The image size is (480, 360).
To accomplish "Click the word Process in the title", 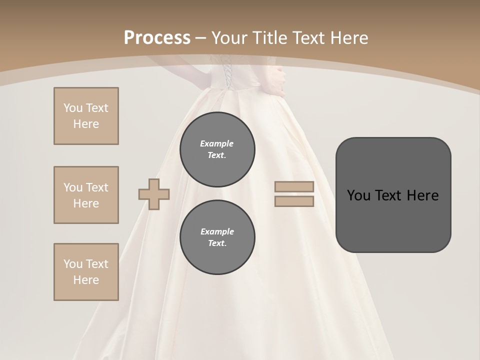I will [157, 38].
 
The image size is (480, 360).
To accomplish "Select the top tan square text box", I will [86, 116].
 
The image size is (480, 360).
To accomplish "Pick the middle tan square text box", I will [86, 195].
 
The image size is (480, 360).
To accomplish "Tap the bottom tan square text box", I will [86, 272].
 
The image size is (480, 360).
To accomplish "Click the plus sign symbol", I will [154, 194].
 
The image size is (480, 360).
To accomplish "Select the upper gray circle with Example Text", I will [217, 149].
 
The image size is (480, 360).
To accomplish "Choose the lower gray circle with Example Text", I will [217, 237].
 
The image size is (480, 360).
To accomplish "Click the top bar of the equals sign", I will [294, 187].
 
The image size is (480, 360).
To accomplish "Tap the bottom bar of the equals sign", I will [294, 201].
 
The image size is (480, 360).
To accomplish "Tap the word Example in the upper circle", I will [217, 143].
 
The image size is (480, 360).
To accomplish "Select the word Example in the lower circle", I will [217, 231].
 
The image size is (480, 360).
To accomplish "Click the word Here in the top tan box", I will [86, 124].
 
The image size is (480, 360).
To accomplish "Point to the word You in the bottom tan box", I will [73, 264].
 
